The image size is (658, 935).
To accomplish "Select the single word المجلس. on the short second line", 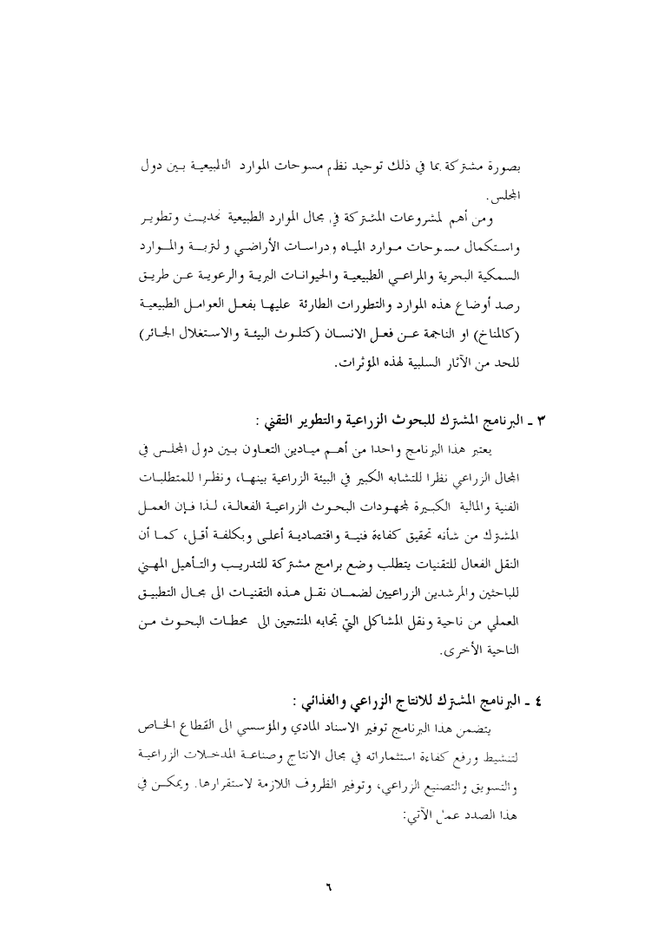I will coord(500,188).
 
